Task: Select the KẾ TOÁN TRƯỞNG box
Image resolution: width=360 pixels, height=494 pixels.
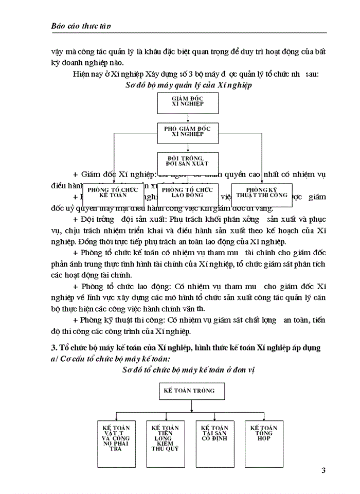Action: (x=189, y=392)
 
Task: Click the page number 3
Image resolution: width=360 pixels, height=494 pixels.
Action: (x=323, y=471)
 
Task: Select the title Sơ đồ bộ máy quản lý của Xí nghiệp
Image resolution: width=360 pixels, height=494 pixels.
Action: (x=188, y=85)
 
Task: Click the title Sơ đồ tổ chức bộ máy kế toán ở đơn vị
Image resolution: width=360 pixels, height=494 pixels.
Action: (x=189, y=370)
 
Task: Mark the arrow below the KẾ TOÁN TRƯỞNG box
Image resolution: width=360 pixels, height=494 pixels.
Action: (x=191, y=407)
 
